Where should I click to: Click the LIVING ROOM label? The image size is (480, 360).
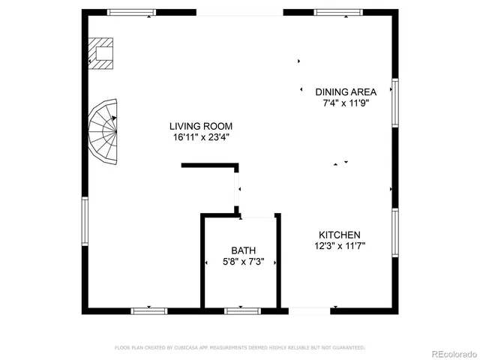[200, 127]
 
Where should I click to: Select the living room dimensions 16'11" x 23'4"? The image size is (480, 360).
[200, 137]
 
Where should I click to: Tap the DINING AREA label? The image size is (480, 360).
[346, 92]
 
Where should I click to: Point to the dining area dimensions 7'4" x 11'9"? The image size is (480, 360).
[346, 103]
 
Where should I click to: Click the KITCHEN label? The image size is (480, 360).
[340, 235]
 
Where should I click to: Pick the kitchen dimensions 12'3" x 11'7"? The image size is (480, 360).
[340, 245]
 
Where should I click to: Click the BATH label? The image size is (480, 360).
[243, 250]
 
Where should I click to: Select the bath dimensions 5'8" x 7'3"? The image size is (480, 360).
[243, 261]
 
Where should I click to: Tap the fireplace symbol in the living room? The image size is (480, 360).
[101, 54]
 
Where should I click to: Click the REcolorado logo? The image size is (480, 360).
[451, 352]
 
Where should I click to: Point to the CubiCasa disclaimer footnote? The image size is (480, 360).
[240, 347]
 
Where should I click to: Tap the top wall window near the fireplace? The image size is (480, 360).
[132, 12]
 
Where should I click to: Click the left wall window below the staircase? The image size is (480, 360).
[85, 221]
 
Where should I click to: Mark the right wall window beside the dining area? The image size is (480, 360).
[395, 102]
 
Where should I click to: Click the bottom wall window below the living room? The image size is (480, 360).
[149, 310]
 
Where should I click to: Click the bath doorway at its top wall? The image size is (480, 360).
[258, 217]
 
